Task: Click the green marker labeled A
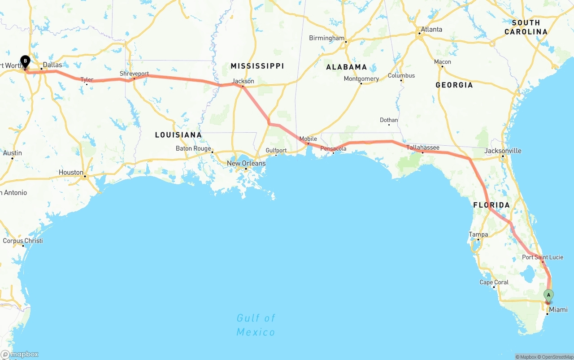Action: (548, 295)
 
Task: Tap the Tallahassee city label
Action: (422, 147)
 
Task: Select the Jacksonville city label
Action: (503, 151)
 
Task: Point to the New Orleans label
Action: (246, 163)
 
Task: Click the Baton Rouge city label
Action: (193, 148)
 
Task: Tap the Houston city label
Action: (71, 172)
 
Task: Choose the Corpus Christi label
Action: (23, 241)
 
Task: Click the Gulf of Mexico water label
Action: (256, 325)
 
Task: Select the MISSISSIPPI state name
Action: (257, 66)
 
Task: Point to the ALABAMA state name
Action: (346, 67)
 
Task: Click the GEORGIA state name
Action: (454, 85)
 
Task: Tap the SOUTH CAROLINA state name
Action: (526, 27)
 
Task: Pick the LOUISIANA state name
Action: (178, 135)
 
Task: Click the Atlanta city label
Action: (430, 30)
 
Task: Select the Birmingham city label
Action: (326, 38)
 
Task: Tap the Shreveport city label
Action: (134, 74)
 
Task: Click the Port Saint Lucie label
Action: (542, 257)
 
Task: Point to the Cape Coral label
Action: (494, 282)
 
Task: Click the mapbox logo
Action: (20, 354)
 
